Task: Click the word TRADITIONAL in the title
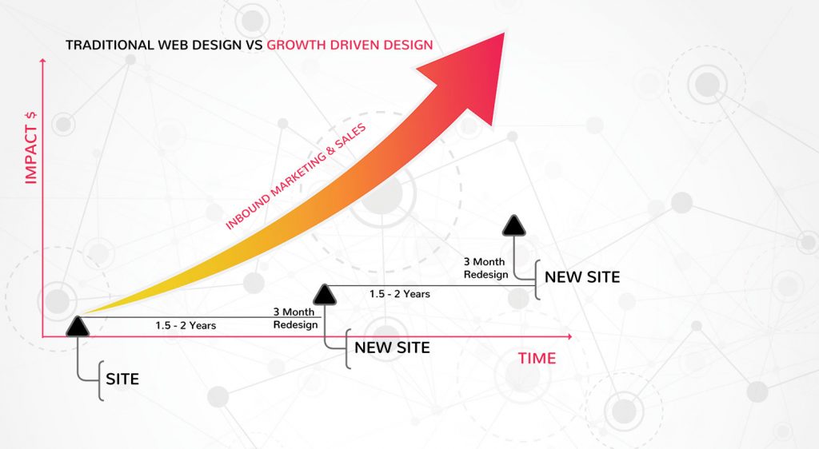point(110,45)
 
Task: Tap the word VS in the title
point(254,45)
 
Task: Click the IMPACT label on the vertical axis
point(31,154)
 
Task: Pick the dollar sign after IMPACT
point(31,116)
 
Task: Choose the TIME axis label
point(537,358)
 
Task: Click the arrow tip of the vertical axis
point(43,59)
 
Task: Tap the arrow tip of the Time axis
point(571,337)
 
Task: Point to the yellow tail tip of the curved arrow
point(83,314)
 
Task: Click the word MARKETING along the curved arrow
point(300,172)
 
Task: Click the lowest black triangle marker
point(78,326)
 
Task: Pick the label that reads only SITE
point(122,379)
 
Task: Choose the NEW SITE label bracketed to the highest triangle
point(582,277)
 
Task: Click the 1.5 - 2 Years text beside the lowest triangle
point(186,325)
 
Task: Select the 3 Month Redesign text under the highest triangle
point(485,268)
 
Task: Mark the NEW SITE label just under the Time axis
point(392,348)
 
